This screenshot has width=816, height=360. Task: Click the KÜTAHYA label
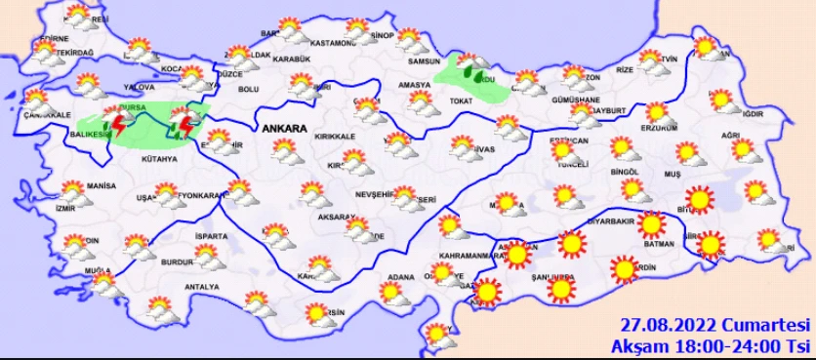[158, 158]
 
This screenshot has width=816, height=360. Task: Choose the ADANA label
[401, 276]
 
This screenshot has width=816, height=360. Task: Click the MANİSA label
[101, 185]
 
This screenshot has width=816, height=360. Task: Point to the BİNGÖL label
[622, 171]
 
